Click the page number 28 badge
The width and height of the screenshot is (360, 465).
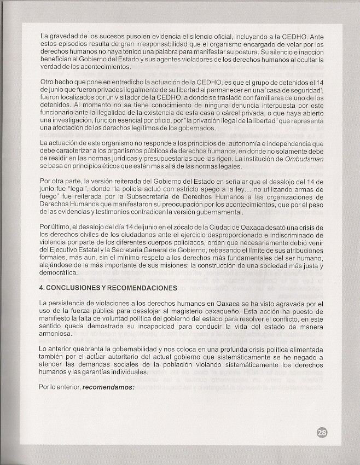click(322, 433)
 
